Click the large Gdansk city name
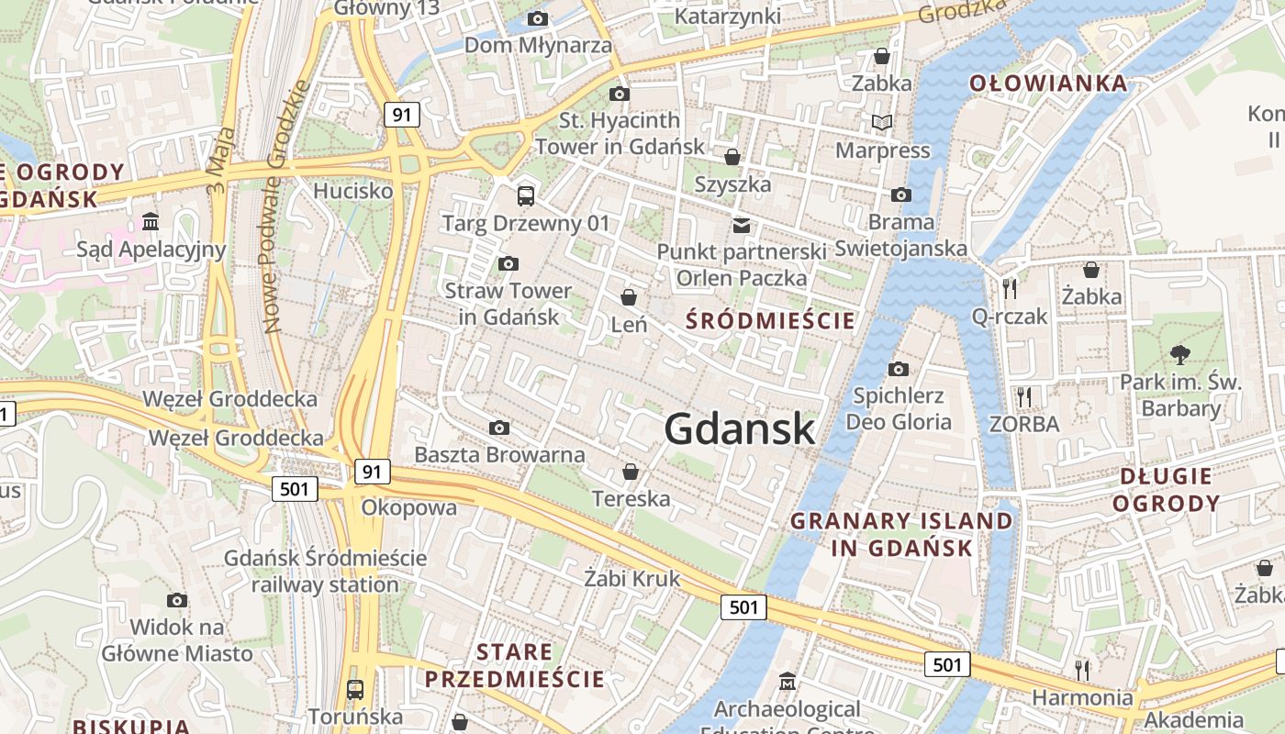(739, 428)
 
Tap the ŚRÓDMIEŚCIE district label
(771, 320)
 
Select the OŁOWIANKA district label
(1048, 83)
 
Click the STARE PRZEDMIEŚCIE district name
(514, 666)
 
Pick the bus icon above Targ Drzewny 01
(526, 195)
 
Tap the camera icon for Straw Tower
(508, 264)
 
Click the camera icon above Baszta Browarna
(499, 428)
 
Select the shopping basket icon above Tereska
(631, 473)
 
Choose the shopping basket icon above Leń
(629, 297)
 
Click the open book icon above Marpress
(882, 122)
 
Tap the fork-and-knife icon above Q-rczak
(1010, 289)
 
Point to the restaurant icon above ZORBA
(1024, 396)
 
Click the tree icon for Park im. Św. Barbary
(1180, 354)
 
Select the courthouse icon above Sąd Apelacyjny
(151, 221)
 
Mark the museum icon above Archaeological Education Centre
(788, 682)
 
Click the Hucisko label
(353, 191)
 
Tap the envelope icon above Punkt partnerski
(742, 225)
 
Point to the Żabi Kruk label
(632, 578)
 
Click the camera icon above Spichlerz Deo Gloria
(899, 369)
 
